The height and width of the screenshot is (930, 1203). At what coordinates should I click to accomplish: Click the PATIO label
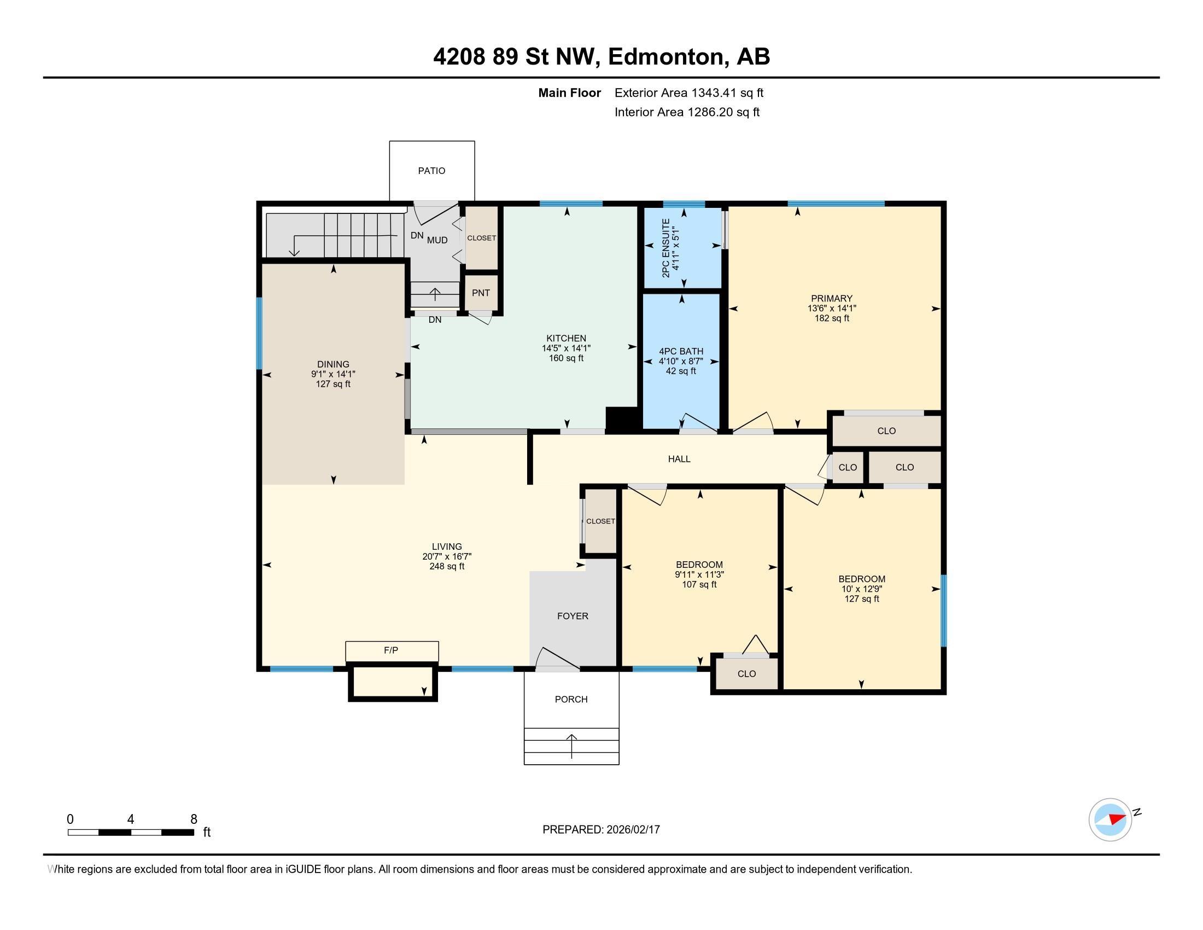tap(431, 171)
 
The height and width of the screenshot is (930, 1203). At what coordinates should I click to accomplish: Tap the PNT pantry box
tap(481, 293)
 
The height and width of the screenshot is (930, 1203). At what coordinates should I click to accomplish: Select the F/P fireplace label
tap(391, 650)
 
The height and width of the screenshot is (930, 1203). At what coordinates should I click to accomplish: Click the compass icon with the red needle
tap(1110, 820)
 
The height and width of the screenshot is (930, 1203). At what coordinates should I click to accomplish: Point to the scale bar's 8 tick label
tap(194, 819)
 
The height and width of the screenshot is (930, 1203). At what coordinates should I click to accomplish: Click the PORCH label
tap(571, 699)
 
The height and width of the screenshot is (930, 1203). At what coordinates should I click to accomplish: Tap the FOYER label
tap(573, 616)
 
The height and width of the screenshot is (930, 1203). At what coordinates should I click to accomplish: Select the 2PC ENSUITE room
tap(683, 247)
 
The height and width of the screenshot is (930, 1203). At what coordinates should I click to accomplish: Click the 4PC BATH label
tap(681, 352)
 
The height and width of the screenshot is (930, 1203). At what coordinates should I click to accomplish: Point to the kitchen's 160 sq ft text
tap(566, 358)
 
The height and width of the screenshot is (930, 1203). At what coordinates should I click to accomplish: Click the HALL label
tap(679, 459)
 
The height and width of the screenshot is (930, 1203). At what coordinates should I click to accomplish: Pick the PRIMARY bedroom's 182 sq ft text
tap(832, 318)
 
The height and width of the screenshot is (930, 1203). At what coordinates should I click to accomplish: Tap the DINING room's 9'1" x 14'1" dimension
tap(333, 374)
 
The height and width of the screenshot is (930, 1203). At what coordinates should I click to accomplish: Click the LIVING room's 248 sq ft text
tap(447, 566)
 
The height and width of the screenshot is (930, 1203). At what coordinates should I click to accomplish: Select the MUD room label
tap(437, 240)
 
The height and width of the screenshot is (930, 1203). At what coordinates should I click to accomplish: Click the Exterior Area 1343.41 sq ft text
tap(689, 93)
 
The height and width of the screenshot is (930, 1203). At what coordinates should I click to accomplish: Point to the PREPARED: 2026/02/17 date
tap(601, 830)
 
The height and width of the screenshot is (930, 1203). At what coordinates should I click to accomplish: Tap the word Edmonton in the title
tap(665, 57)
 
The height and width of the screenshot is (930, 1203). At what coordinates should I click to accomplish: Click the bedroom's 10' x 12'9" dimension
tap(862, 589)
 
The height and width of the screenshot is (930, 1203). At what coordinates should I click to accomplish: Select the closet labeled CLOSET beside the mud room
tap(481, 238)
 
